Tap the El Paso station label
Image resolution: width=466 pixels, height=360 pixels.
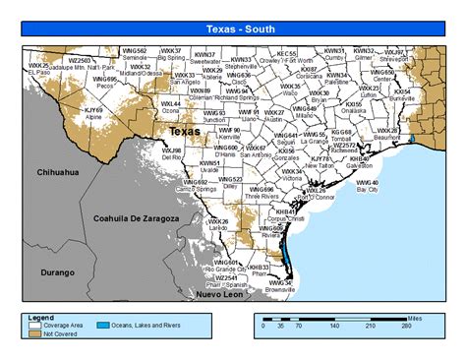click(x=38, y=72)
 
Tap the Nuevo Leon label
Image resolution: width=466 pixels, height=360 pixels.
click(x=219, y=296)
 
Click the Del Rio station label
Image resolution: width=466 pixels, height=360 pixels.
click(x=171, y=156)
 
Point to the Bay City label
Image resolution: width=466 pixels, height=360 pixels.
click(x=366, y=189)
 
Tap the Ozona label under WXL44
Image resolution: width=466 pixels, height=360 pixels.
click(x=171, y=110)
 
